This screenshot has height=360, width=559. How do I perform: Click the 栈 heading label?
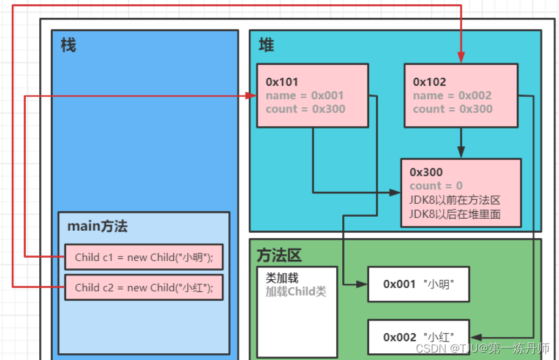(68, 45)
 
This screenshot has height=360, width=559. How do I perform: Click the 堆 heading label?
(266, 45)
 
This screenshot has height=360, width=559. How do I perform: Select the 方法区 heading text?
(279, 255)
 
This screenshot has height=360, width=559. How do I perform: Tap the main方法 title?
(97, 226)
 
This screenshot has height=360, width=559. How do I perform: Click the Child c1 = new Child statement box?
(144, 257)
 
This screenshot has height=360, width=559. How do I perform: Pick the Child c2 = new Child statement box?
(144, 287)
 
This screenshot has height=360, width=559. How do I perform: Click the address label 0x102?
(429, 82)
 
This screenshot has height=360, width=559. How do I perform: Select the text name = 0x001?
(304, 96)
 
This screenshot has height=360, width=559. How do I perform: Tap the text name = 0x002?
(452, 96)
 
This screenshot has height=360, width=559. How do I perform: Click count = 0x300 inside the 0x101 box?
(305, 109)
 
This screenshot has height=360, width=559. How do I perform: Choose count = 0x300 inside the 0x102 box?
(452, 109)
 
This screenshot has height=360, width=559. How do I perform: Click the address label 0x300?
(426, 173)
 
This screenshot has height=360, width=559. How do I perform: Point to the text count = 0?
(436, 186)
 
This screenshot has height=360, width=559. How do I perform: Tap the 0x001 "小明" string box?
(418, 284)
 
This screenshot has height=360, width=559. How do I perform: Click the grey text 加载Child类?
(296, 291)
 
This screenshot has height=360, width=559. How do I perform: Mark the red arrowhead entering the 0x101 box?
(252, 96)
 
